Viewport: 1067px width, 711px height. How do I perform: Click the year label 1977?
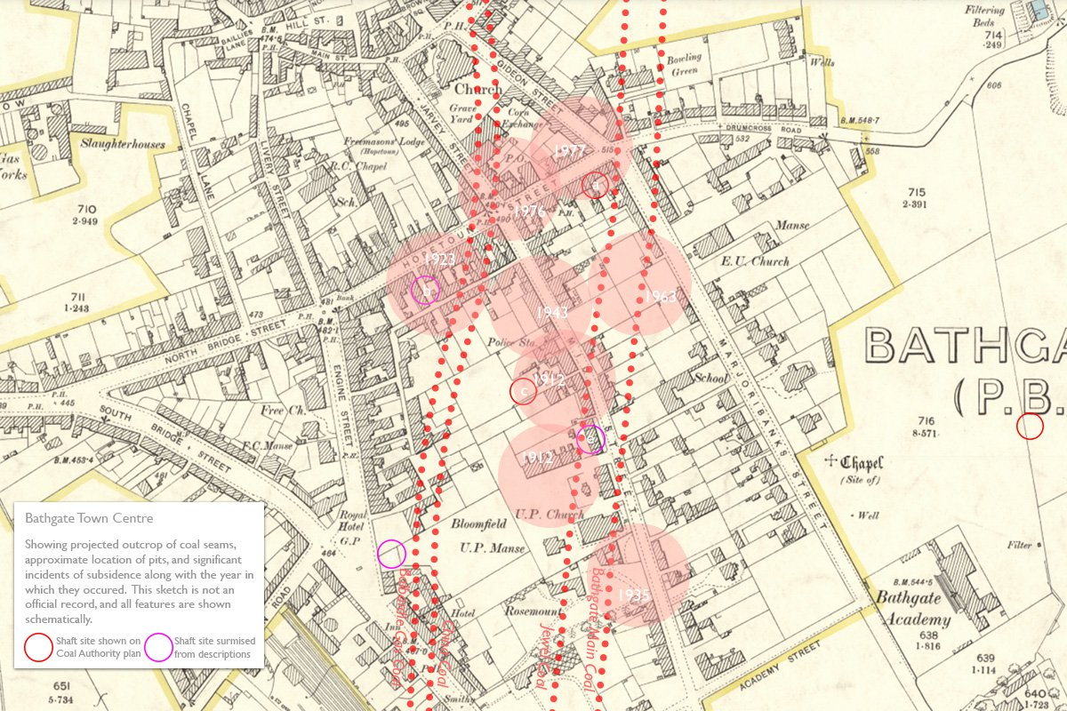[x=568, y=151]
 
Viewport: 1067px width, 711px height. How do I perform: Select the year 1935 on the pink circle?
[x=633, y=595]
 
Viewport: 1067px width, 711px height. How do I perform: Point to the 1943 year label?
[x=552, y=312]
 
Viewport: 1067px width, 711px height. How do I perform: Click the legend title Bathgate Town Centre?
[x=89, y=518]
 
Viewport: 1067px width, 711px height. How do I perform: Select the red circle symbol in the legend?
[x=39, y=647]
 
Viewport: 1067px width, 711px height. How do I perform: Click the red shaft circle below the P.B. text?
[x=1030, y=427]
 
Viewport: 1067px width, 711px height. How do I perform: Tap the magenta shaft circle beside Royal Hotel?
[x=391, y=554]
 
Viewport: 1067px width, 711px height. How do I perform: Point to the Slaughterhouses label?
[x=124, y=142]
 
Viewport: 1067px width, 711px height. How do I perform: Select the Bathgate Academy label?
[x=914, y=609]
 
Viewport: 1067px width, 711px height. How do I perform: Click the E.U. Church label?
[x=757, y=261]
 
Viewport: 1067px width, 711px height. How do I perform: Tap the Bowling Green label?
[x=685, y=65]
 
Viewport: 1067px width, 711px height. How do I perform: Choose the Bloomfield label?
[x=479, y=525]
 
